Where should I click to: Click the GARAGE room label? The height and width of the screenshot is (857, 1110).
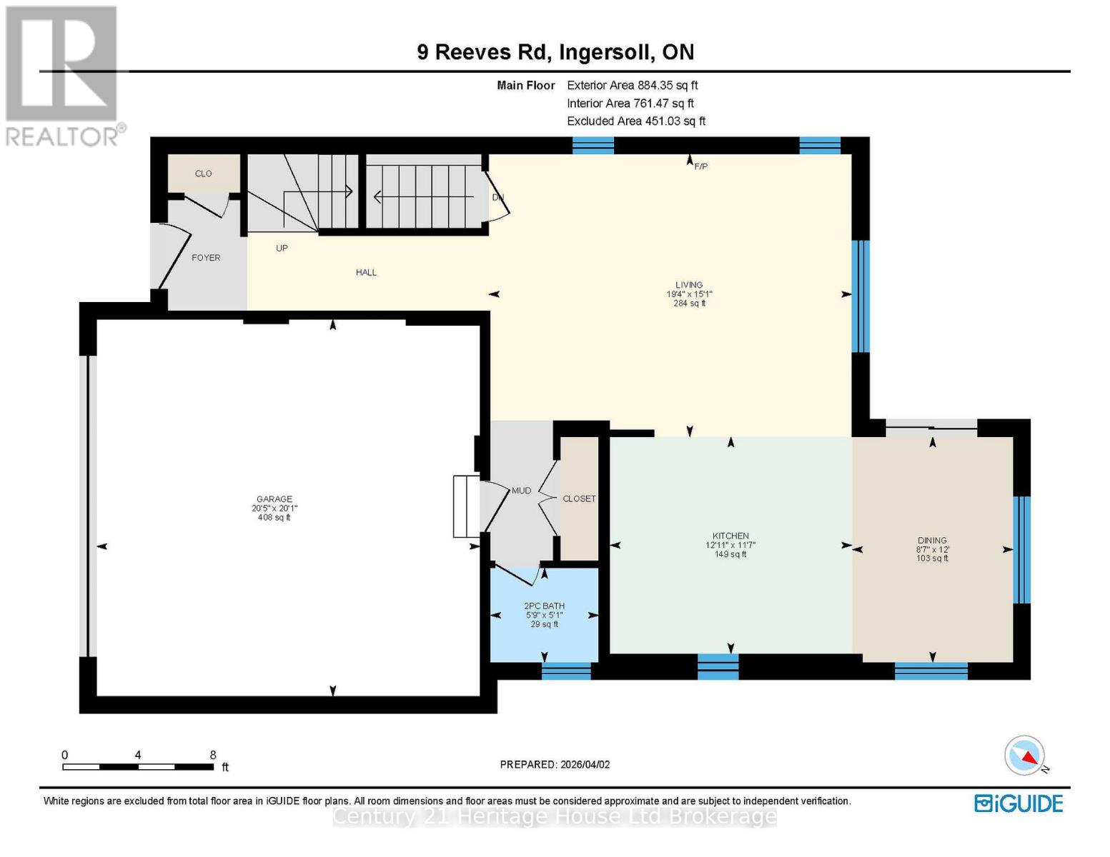click(x=274, y=499)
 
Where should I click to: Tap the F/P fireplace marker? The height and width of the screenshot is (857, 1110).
click(x=700, y=166)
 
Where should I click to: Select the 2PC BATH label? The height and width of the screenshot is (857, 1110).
click(x=544, y=606)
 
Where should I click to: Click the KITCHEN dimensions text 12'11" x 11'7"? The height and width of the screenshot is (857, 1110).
click(x=730, y=545)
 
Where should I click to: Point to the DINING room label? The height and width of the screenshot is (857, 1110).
click(x=932, y=541)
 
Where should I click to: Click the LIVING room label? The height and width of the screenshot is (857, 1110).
click(x=689, y=285)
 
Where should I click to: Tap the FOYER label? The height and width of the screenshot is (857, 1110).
click(x=206, y=258)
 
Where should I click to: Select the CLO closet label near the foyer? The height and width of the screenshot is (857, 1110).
click(x=204, y=174)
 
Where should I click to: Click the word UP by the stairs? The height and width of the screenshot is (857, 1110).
click(x=282, y=249)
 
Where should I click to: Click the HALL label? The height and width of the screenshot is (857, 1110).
click(x=366, y=272)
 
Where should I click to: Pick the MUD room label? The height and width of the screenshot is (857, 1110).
click(x=521, y=491)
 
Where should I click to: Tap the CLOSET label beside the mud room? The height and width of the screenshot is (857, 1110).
click(x=579, y=498)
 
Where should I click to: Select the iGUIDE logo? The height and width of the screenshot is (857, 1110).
click(x=1019, y=803)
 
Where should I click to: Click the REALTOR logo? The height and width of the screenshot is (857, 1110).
click(x=63, y=75)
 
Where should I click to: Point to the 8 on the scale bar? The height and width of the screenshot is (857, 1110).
click(x=213, y=755)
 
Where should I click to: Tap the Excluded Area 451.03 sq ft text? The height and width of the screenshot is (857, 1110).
click(x=635, y=121)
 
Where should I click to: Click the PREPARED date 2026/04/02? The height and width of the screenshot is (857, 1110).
click(x=555, y=764)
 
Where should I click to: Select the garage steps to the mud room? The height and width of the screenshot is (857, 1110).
click(x=466, y=506)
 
